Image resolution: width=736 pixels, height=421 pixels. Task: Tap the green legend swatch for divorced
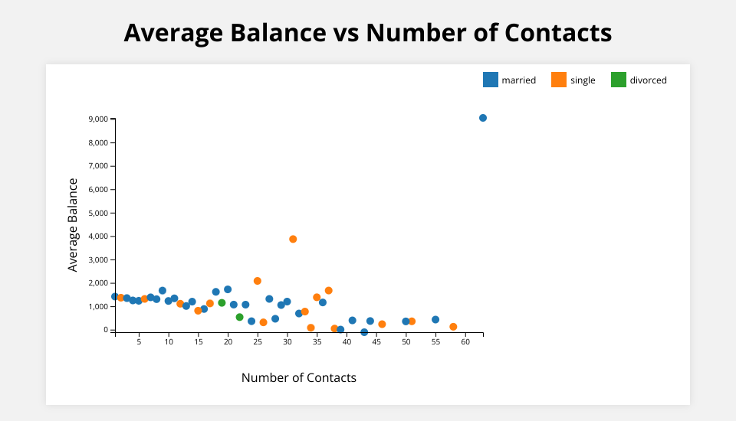(619, 80)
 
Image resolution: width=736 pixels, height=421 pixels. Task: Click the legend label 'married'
(518, 80)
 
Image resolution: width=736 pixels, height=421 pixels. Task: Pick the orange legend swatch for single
(559, 80)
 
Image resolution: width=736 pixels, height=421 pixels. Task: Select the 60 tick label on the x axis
(465, 342)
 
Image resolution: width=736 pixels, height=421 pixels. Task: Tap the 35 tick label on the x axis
(317, 342)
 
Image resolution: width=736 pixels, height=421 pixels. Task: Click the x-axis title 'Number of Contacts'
(299, 377)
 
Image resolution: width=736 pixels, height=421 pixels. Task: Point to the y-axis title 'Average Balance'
(73, 225)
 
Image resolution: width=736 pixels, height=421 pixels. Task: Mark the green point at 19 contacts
(222, 303)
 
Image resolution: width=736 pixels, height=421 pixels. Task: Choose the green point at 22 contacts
(239, 317)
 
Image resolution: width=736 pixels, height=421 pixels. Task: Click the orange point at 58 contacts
(453, 327)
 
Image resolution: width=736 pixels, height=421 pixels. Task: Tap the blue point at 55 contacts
(435, 320)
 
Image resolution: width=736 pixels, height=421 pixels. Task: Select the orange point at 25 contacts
(258, 281)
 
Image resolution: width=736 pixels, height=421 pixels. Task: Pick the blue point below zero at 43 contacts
(364, 332)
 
